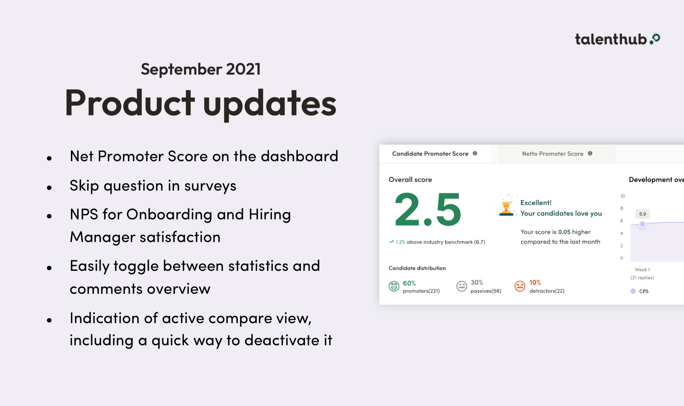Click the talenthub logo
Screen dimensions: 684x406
(x=617, y=39)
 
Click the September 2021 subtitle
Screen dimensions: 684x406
(x=201, y=69)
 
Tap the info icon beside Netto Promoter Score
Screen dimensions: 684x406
(x=590, y=154)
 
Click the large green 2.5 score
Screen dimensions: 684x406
(x=427, y=210)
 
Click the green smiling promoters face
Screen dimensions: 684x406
(x=394, y=286)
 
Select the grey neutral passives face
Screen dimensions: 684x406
(x=462, y=286)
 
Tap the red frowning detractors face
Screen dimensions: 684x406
(x=520, y=286)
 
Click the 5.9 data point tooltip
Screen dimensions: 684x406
(x=642, y=214)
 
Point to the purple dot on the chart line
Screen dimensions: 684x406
(x=642, y=224)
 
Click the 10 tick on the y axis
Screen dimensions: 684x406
(x=622, y=196)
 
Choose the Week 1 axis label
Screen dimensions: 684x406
(x=642, y=270)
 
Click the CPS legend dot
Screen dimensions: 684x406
(x=633, y=291)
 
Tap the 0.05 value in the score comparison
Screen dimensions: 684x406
(x=564, y=232)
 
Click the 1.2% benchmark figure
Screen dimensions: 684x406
(x=400, y=242)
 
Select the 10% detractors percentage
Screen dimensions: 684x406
(x=535, y=282)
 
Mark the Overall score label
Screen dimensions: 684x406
(x=410, y=179)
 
